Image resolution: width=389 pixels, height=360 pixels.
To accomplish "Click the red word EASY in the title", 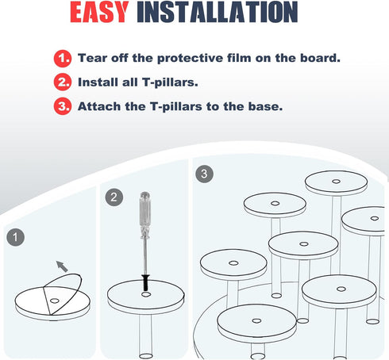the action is (x=99, y=12).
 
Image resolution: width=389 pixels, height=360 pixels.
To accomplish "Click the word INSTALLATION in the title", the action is (x=218, y=12).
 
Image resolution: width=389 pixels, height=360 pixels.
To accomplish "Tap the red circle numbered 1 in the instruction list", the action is (x=63, y=58).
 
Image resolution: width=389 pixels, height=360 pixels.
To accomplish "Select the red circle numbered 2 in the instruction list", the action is (x=63, y=82).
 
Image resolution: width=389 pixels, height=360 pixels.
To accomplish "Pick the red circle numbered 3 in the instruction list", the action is (x=63, y=106).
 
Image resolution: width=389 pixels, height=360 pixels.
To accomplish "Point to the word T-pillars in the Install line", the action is (x=170, y=82).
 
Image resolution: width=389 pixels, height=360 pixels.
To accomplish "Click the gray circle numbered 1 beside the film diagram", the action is (x=16, y=237).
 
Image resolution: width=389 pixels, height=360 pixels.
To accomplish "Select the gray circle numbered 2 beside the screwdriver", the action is (x=114, y=197).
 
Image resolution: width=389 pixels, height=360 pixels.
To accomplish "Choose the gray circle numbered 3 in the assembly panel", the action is (x=204, y=174).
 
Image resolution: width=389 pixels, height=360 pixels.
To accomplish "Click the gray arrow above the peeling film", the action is (x=62, y=266).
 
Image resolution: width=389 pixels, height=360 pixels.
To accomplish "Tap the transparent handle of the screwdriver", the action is (x=144, y=215).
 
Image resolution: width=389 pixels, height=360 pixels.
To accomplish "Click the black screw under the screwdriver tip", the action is (x=145, y=282).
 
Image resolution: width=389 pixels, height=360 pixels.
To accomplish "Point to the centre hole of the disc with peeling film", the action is (x=55, y=301).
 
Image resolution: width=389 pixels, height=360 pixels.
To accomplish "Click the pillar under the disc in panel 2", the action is (x=146, y=336).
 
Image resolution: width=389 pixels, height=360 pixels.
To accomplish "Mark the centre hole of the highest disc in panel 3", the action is (x=336, y=182).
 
